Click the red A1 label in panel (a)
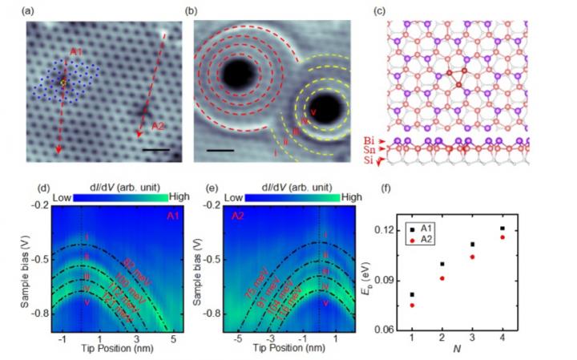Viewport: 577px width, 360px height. coord(76,53)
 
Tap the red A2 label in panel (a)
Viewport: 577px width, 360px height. coord(157,125)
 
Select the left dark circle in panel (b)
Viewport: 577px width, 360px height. coord(237,75)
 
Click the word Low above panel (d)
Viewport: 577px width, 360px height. coord(62,196)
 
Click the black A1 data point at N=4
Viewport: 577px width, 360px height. coord(524,229)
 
